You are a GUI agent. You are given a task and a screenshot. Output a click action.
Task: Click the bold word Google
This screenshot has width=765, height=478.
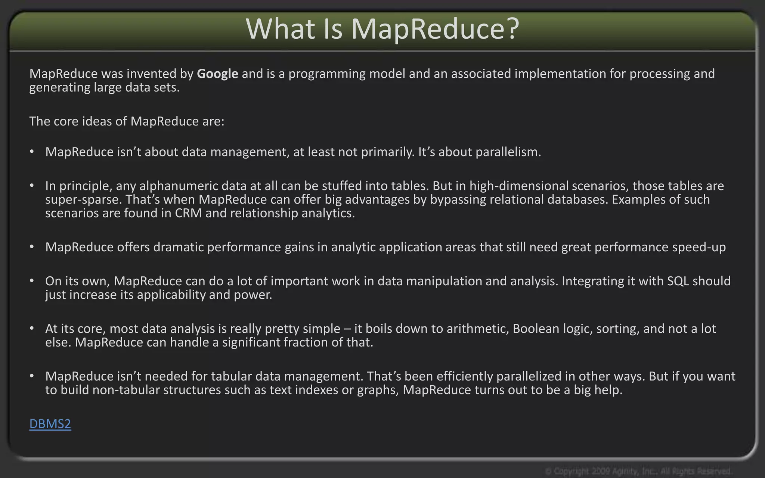coord(217,74)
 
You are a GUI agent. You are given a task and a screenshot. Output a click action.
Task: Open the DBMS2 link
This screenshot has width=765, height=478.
coord(50,424)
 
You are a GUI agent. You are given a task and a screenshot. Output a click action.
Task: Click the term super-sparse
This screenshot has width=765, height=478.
coord(83,199)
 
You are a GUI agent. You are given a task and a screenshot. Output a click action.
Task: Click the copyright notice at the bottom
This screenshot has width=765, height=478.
coord(638,471)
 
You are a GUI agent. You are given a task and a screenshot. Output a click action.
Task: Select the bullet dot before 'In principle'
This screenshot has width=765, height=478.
coord(32,186)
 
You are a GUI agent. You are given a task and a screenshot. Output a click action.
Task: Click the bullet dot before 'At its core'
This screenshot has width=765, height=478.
coord(32,328)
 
